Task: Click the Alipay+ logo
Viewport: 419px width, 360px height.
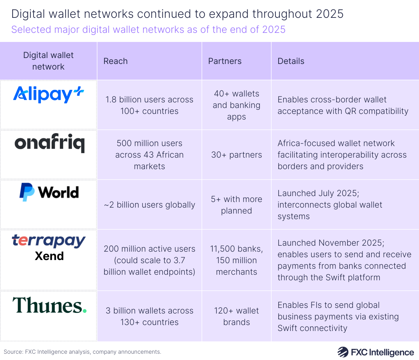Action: (49, 94)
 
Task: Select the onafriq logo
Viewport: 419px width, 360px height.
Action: (49, 144)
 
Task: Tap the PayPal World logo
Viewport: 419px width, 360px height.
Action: (49, 192)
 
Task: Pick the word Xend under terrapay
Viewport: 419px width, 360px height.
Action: (49, 256)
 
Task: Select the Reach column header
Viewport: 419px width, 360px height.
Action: (116, 61)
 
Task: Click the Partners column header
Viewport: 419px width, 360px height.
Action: (225, 61)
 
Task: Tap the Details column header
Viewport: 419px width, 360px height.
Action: (291, 61)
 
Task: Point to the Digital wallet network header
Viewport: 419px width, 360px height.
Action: (49, 61)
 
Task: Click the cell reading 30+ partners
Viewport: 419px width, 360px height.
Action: (236, 155)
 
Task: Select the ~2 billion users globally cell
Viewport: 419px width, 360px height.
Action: (149, 205)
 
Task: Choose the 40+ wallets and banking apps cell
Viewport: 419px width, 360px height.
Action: (236, 105)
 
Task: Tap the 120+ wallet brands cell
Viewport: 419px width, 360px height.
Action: (236, 316)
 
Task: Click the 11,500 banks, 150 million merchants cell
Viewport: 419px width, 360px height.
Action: (236, 260)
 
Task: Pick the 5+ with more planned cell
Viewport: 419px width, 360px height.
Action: (236, 205)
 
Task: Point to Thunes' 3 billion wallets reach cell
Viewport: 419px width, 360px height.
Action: (149, 316)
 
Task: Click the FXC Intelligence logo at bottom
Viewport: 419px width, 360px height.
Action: (375, 352)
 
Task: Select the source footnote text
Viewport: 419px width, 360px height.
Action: (82, 352)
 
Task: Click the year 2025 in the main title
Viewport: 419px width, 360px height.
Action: (330, 14)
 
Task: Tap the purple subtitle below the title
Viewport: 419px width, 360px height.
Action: (148, 29)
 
